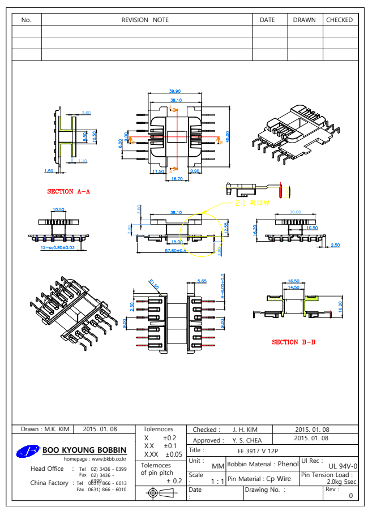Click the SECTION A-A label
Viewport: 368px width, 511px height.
click(x=69, y=191)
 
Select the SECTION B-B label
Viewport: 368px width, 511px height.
click(x=294, y=342)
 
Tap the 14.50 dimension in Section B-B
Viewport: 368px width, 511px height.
click(x=294, y=287)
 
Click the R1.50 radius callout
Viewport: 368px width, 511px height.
click(x=154, y=284)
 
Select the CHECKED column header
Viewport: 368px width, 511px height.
click(x=340, y=20)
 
